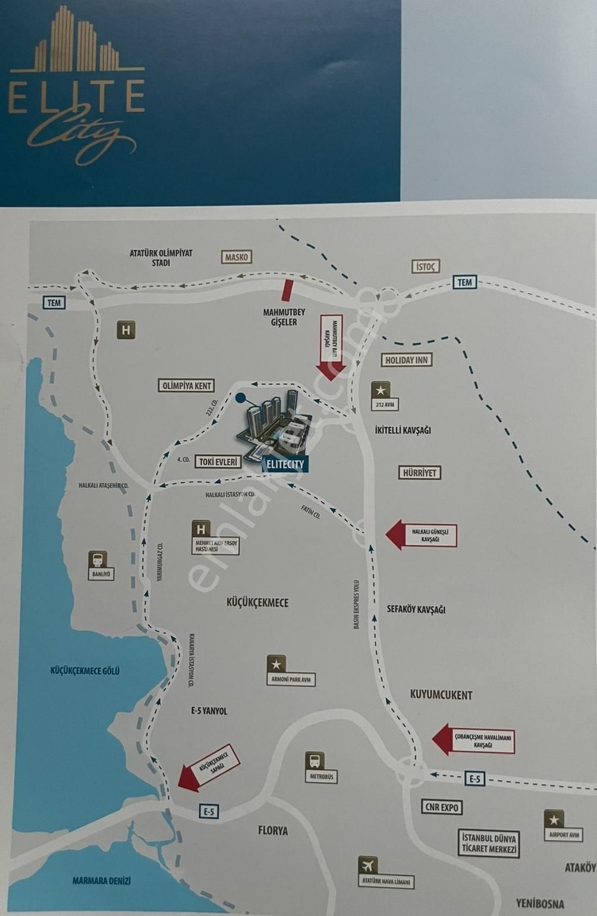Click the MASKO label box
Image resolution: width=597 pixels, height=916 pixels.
click(x=237, y=257)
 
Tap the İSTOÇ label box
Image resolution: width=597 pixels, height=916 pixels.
click(x=425, y=266)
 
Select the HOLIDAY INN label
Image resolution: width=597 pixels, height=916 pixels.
click(x=407, y=360)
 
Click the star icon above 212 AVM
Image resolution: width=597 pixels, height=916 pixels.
click(x=381, y=390)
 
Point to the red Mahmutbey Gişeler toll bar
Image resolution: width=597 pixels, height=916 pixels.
click(x=288, y=290)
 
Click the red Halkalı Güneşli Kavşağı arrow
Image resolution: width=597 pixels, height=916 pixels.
click(x=422, y=534)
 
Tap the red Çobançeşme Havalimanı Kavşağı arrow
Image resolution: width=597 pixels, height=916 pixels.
click(x=473, y=740)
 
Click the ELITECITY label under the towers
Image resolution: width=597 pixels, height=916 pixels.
click(x=285, y=464)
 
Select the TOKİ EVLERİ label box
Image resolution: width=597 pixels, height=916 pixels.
click(x=218, y=461)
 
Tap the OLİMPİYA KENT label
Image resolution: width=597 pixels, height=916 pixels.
click(x=187, y=386)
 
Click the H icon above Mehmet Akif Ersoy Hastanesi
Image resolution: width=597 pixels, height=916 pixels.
click(x=201, y=529)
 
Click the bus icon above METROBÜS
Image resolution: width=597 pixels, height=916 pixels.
click(x=315, y=761)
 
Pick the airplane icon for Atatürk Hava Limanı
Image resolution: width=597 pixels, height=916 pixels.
click(x=368, y=865)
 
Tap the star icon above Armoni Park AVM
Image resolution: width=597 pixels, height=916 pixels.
click(x=276, y=664)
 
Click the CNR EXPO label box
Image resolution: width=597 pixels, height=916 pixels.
click(x=442, y=808)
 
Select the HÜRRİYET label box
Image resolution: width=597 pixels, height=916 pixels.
click(x=419, y=473)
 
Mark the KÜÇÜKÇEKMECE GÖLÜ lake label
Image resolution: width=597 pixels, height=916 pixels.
click(x=85, y=671)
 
